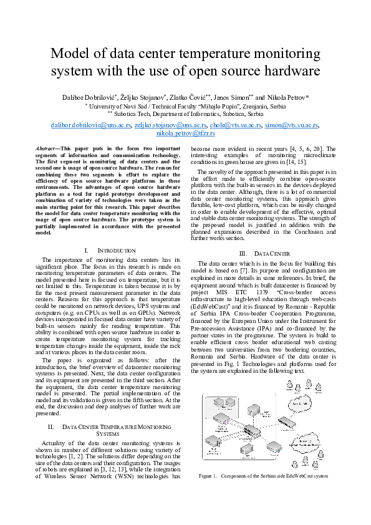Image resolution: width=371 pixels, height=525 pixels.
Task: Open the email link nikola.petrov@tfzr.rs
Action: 185,133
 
